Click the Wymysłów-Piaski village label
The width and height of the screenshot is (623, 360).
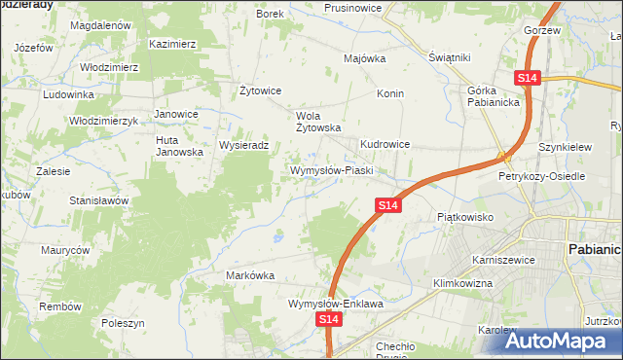[x=333, y=170]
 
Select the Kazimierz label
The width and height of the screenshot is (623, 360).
[x=173, y=44]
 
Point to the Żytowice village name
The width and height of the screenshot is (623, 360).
[x=260, y=90]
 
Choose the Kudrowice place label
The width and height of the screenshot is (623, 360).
[x=385, y=144]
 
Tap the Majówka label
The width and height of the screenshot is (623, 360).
[x=365, y=58]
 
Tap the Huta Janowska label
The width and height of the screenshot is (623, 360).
[x=179, y=146]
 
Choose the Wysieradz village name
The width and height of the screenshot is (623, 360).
[x=250, y=145]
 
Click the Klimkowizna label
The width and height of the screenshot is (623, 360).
[x=462, y=283]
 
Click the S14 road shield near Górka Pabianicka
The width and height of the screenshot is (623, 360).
[x=528, y=77]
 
